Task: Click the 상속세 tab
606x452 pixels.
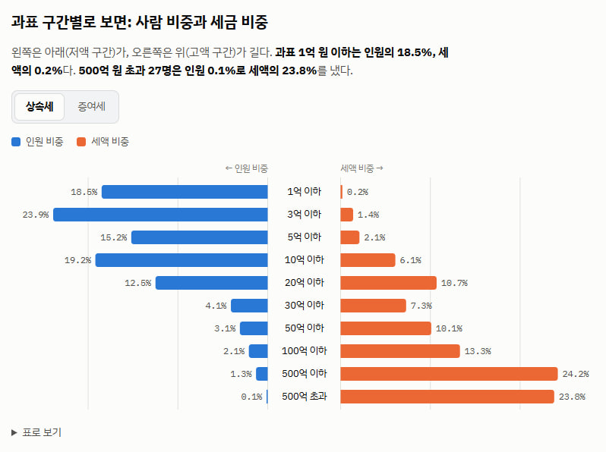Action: click(x=39, y=106)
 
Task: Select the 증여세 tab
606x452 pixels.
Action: click(x=92, y=106)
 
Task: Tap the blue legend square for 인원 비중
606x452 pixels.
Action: click(x=16, y=142)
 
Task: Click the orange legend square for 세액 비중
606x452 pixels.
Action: click(x=81, y=142)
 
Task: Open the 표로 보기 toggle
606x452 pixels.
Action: click(x=36, y=432)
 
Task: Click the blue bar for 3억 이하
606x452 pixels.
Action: click(x=160, y=215)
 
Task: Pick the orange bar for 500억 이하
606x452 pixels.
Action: click(x=449, y=374)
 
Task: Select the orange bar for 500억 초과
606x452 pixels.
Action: click(x=447, y=397)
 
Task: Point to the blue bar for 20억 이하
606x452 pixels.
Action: click(x=212, y=283)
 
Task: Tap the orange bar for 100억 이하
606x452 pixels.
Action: click(x=400, y=351)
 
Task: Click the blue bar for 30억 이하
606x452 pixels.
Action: click(x=249, y=306)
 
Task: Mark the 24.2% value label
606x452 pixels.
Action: click(x=576, y=374)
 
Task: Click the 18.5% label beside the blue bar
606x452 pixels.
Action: click(x=84, y=192)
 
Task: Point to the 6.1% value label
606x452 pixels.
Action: click(x=410, y=260)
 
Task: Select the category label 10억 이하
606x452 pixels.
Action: click(x=305, y=260)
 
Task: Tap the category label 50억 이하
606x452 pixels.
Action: click(x=305, y=328)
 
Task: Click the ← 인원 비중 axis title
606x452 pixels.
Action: click(x=247, y=168)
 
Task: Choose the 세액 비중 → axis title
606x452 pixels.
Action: click(x=361, y=168)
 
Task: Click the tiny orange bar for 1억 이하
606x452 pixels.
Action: click(x=342, y=192)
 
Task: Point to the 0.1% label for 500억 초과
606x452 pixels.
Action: click(x=251, y=397)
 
